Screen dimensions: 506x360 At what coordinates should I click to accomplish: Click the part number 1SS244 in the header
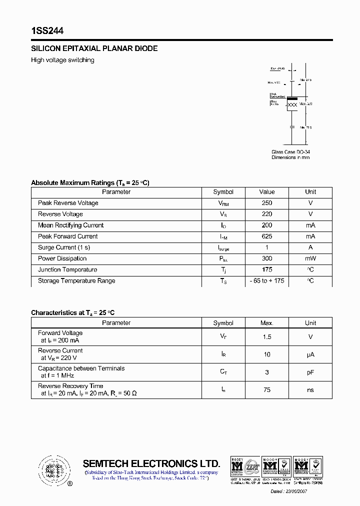click(47, 31)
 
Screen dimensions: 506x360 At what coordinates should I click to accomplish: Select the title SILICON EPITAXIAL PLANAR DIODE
click(94, 48)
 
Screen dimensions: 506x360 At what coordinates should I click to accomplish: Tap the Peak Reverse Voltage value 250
click(267, 203)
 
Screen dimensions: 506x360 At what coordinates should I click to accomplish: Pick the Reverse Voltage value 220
click(267, 214)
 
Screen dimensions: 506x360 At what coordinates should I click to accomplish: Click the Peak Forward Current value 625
click(267, 236)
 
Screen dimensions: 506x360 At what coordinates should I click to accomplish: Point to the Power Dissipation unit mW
click(310, 258)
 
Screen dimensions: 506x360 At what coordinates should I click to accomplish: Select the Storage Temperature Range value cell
click(267, 281)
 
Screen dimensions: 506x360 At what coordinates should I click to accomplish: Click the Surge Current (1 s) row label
click(64, 247)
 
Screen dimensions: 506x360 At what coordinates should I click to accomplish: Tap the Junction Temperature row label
click(67, 270)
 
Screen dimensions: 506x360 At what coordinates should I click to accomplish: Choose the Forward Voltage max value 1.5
click(267, 337)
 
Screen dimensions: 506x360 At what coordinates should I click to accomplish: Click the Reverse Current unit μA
click(310, 354)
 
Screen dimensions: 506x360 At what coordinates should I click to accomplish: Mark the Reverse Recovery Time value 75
click(267, 390)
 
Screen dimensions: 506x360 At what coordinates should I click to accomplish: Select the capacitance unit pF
click(310, 372)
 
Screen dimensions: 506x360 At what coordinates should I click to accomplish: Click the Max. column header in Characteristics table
click(267, 323)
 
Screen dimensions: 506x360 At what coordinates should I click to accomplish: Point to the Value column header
click(267, 192)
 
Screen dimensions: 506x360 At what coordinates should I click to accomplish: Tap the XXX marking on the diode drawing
click(292, 104)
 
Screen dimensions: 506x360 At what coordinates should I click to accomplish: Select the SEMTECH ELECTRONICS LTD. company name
click(151, 463)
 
